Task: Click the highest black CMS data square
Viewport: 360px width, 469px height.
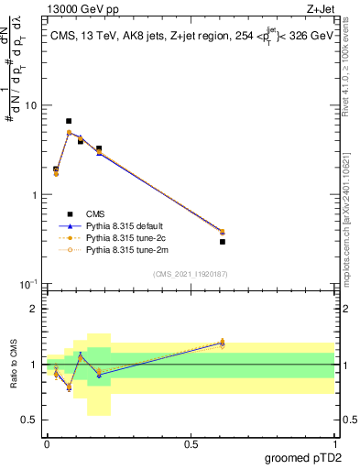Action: (x=69, y=121)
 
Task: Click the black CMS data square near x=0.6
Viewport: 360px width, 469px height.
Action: (x=223, y=242)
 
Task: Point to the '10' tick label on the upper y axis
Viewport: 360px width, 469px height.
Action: (x=30, y=105)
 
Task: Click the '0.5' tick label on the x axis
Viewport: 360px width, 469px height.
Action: (x=191, y=445)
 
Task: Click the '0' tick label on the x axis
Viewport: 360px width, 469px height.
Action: (x=46, y=445)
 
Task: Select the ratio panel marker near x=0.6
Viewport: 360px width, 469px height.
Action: (x=223, y=343)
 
